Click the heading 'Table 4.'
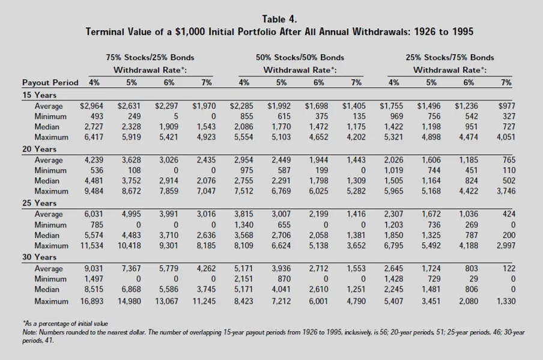click(279, 19)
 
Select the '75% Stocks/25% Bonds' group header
click(150, 58)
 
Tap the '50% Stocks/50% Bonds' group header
click(300, 58)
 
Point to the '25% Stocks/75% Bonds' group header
click(450, 58)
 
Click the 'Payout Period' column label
click(50, 82)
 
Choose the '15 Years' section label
click(39, 95)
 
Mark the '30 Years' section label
click(39, 257)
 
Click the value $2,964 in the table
click(91, 106)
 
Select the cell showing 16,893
click(92, 301)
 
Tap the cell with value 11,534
click(92, 246)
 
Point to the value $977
click(506, 106)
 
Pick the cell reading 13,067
click(166, 301)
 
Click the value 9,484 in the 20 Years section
click(94, 191)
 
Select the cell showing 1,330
click(506, 301)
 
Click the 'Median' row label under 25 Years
click(47, 235)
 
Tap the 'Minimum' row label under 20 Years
click(50, 171)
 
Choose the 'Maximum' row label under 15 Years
click(51, 137)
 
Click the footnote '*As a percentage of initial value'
click(65, 323)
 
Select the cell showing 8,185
click(206, 246)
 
